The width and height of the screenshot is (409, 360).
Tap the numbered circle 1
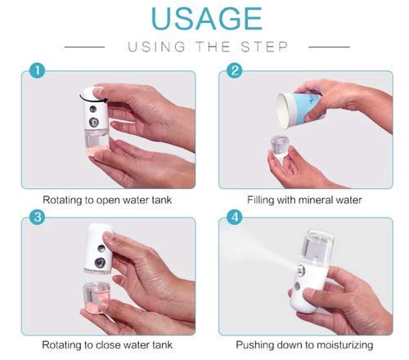click(34, 71)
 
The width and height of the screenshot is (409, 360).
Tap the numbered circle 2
click(236, 71)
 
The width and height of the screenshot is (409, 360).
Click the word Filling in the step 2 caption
click(263, 199)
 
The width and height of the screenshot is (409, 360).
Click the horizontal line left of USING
click(85, 47)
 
